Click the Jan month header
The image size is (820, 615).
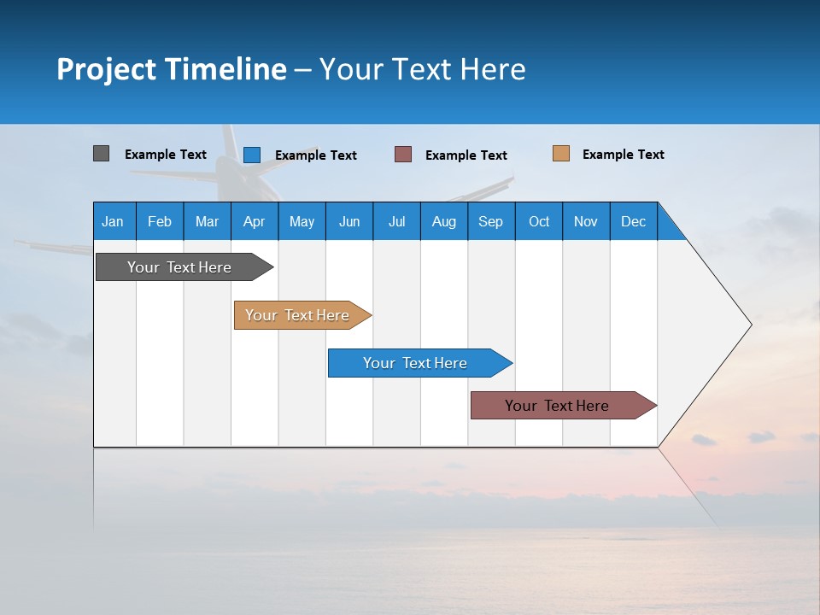coord(113,221)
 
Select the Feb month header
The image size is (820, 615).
coord(160,221)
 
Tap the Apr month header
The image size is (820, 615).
coord(254,221)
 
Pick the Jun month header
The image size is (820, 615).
coord(349,221)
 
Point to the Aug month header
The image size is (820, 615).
coord(444,221)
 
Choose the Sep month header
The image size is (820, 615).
coord(490,221)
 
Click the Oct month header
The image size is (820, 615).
coord(539,221)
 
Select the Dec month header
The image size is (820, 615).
coord(634,221)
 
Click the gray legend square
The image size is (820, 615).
coord(101,154)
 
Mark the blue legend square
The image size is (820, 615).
coord(251,155)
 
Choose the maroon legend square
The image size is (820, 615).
coord(403,155)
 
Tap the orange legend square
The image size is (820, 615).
coord(560,154)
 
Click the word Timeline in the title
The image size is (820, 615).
coord(226,69)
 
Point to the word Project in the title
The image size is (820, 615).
coord(107,69)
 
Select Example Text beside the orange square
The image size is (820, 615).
coord(623,155)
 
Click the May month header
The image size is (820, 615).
coord(302,221)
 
